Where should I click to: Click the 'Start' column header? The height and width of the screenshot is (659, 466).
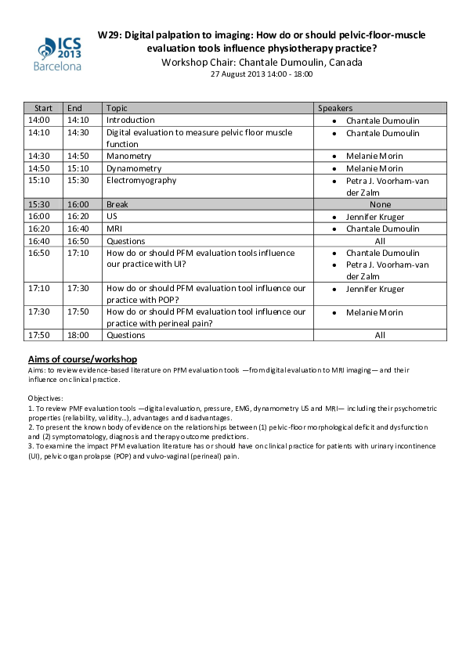pyautogui.click(x=43, y=108)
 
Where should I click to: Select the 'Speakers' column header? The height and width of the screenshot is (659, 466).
pyautogui.click(x=334, y=108)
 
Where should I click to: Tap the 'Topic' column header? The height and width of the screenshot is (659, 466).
pyautogui.click(x=117, y=108)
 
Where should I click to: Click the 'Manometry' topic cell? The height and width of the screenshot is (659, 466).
pyautogui.click(x=128, y=157)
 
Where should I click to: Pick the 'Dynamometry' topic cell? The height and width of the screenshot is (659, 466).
pyautogui.click(x=134, y=168)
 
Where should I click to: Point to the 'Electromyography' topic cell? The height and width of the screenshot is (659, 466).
pyautogui.click(x=142, y=180)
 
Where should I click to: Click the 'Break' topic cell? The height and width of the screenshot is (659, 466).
pyautogui.click(x=117, y=204)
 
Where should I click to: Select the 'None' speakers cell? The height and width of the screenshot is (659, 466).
pyautogui.click(x=380, y=204)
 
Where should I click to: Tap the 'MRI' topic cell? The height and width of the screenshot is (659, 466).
pyautogui.click(x=114, y=229)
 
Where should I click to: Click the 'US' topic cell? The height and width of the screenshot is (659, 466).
pyautogui.click(x=112, y=216)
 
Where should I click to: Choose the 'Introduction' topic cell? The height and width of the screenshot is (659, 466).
pyautogui.click(x=131, y=121)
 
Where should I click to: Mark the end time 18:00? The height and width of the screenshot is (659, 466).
pyautogui.click(x=78, y=335)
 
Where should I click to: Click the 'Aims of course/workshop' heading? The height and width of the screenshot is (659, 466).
pyautogui.click(x=82, y=358)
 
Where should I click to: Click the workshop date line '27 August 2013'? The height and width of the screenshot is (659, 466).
pyautogui.click(x=262, y=74)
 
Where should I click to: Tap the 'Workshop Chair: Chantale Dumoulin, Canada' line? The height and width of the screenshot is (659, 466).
pyautogui.click(x=262, y=63)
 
